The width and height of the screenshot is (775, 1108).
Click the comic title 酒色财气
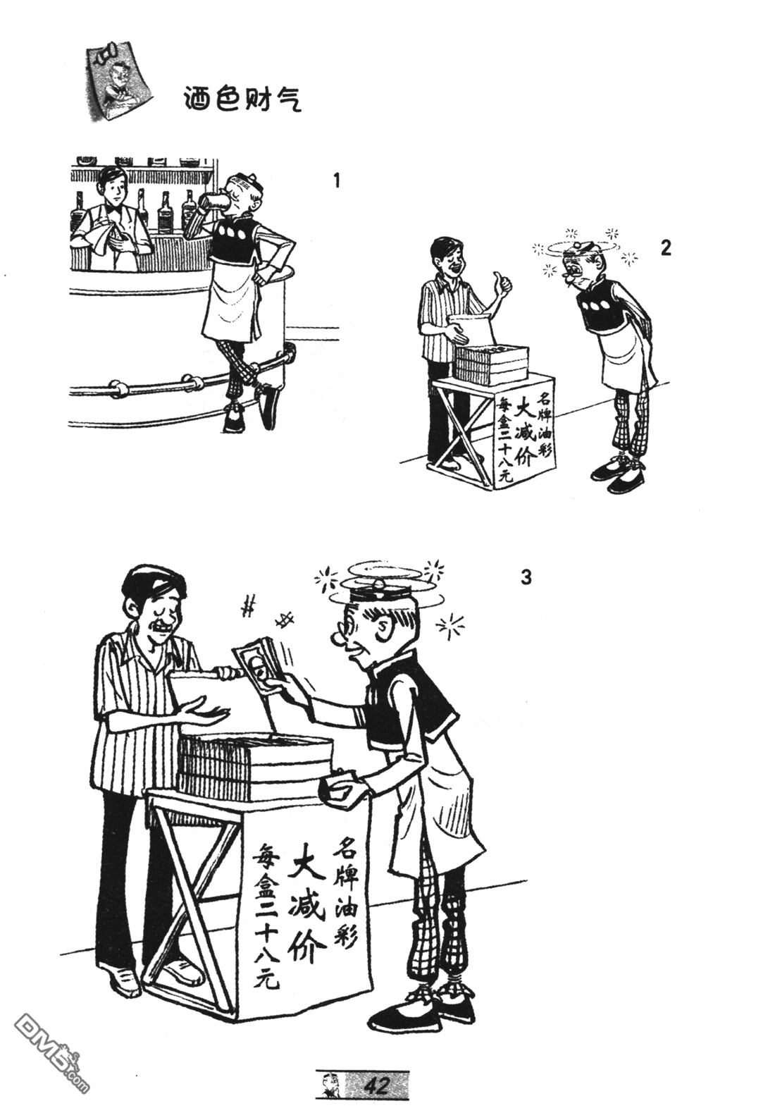[x=242, y=98]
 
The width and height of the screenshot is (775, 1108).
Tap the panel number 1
[x=337, y=181]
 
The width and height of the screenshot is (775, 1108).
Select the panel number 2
[x=666, y=248]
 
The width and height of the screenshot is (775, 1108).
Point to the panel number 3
[x=526, y=577]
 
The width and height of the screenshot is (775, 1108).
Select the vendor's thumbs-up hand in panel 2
[x=500, y=285]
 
